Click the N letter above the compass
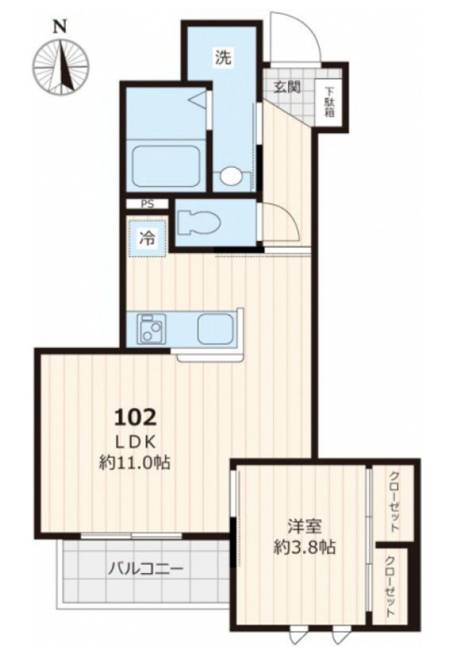click(61, 27)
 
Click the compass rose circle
click(61, 66)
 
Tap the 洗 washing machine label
click(223, 57)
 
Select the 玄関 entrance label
click(287, 87)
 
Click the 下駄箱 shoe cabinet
click(330, 102)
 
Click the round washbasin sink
click(231, 176)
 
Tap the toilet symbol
click(199, 224)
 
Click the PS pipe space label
click(147, 204)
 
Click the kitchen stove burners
click(151, 329)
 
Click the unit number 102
click(136, 416)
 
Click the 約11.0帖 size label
click(135, 462)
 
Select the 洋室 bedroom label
click(305, 526)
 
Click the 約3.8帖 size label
click(305, 547)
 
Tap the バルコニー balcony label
click(146, 569)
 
